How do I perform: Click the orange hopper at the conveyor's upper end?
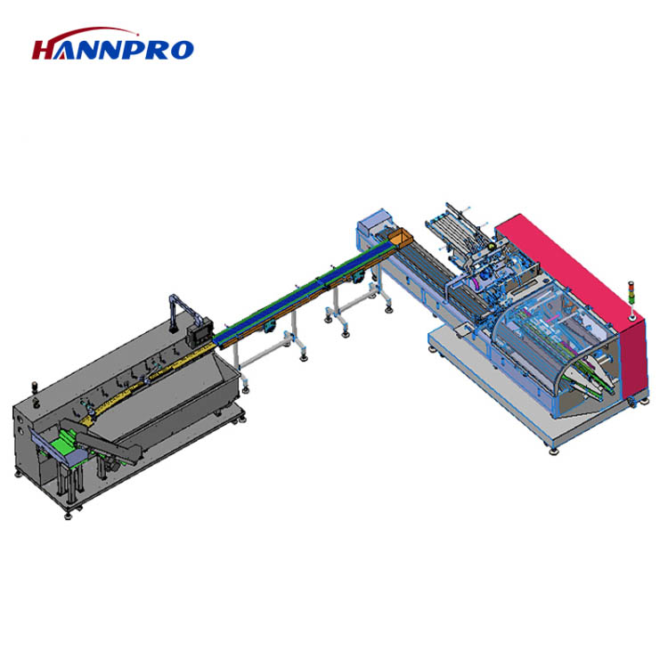click(399, 238)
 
